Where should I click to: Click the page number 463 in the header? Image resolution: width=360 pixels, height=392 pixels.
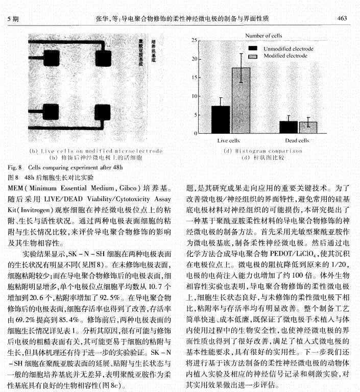(x=343, y=18)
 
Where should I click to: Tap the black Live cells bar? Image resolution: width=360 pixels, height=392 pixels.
(x=221, y=119)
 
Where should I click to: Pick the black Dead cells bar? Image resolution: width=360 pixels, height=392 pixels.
(x=288, y=126)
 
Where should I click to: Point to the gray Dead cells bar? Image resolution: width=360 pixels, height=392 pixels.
(x=308, y=127)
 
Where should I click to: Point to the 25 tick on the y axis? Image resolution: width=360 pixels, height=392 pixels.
(x=194, y=40)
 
